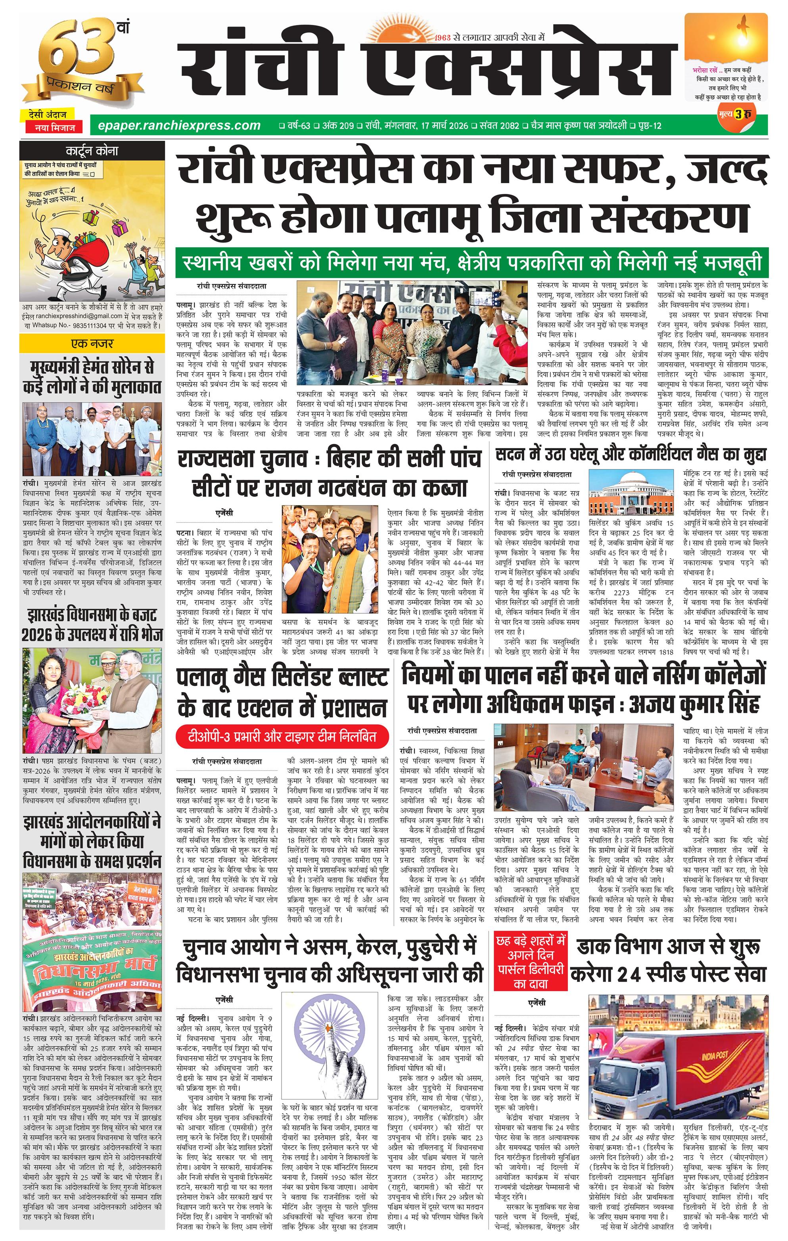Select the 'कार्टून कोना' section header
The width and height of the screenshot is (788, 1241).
[x=92, y=151]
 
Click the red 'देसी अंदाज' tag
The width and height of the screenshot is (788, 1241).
[x=48, y=115]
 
